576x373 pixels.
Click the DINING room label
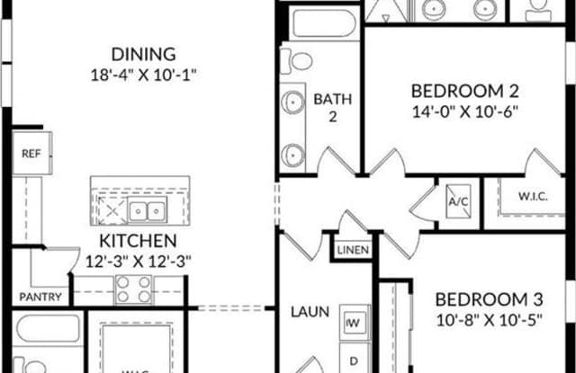tap(144, 54)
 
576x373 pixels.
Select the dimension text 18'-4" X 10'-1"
tap(144, 75)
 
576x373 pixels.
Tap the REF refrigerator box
tap(32, 153)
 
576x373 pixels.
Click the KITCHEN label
tap(138, 241)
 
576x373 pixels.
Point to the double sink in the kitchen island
tap(147, 210)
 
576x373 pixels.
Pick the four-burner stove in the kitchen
tap(133, 289)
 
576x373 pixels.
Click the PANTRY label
tap(40, 297)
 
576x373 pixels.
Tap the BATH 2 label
tap(333, 108)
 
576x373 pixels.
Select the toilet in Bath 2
tap(297, 61)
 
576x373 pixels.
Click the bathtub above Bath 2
tap(324, 23)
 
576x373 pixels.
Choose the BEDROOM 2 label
tap(464, 91)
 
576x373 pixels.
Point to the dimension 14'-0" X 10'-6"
tap(465, 111)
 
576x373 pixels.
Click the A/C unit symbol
tap(459, 201)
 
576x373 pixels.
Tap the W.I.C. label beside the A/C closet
tap(533, 196)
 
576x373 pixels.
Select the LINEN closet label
tap(353, 250)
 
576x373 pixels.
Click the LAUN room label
tap(310, 312)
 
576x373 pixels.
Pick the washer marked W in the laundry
tap(354, 323)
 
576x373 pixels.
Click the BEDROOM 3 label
tap(489, 299)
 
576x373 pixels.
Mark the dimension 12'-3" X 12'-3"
tap(139, 262)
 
